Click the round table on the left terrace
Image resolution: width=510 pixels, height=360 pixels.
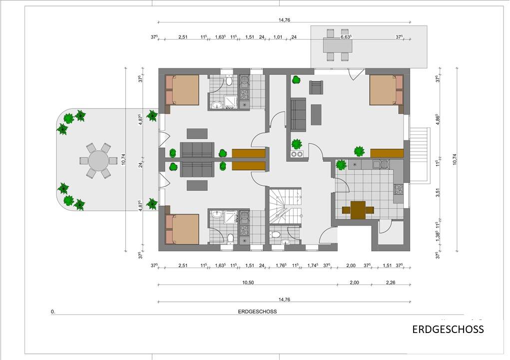pos(98,160)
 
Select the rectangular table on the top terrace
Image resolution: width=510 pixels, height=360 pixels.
pos(338,45)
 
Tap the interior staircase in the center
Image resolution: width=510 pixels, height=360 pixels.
pos(285,205)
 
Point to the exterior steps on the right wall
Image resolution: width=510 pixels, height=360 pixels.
pos(420,145)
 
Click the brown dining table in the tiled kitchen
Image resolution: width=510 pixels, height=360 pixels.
pos(358,210)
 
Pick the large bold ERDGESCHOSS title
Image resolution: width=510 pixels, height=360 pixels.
pos(448,329)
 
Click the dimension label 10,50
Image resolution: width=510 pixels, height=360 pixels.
pos(248,282)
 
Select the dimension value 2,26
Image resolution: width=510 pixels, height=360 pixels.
pos(390,282)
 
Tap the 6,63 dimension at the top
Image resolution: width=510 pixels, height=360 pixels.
pos(346,37)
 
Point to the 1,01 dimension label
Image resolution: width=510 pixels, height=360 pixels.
pos(278,37)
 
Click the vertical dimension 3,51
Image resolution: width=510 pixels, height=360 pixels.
pos(438,192)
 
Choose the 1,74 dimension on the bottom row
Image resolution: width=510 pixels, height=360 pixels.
pos(313,265)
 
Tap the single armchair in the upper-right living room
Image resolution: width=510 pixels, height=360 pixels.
pos(316,87)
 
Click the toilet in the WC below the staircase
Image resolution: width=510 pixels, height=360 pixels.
pos(276,234)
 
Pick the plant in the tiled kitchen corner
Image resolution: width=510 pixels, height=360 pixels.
pos(341,164)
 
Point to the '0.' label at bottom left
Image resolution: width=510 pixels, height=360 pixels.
pos(53,312)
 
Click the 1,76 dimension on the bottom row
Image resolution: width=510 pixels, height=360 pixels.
pos(281,265)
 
